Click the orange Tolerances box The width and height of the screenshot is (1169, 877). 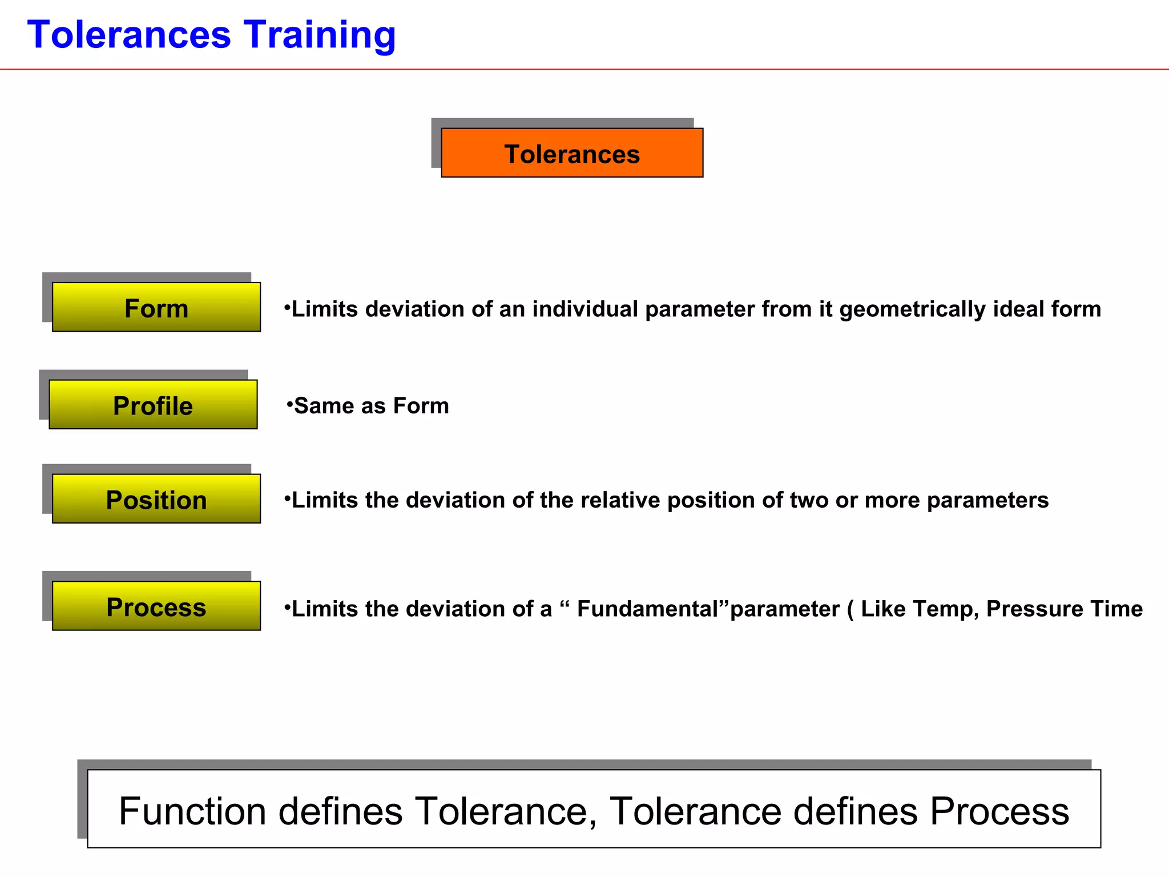click(x=572, y=153)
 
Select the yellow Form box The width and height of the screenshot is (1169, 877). click(x=156, y=307)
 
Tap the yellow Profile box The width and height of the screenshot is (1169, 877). click(x=153, y=405)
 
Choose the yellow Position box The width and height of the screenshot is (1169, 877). click(x=156, y=499)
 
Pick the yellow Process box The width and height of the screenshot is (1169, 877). click(x=156, y=606)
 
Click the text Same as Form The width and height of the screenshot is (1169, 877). click(x=371, y=406)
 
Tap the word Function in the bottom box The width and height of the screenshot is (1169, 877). click(x=192, y=811)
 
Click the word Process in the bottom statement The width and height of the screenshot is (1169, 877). click(x=999, y=811)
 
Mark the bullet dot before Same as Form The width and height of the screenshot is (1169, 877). click(x=289, y=404)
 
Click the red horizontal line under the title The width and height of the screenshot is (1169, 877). click(x=584, y=69)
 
